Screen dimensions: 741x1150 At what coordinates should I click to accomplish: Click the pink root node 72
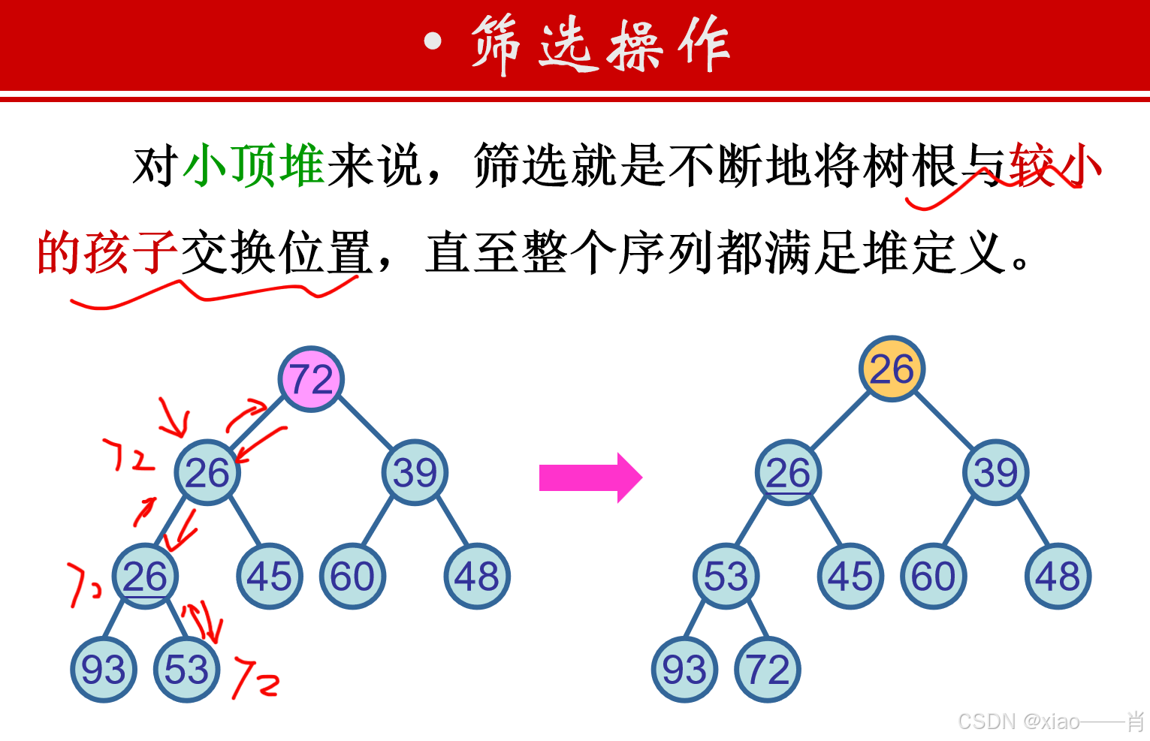(311, 379)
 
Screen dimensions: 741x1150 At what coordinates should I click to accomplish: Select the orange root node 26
(892, 369)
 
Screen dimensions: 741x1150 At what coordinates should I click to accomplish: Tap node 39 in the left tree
(415, 472)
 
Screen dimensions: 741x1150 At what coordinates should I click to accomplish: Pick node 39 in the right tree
(995, 472)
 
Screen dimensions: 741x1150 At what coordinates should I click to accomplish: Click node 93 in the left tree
(104, 669)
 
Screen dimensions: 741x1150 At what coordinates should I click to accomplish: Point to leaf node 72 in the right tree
(768, 669)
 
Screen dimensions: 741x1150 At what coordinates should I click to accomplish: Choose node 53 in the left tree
(186, 669)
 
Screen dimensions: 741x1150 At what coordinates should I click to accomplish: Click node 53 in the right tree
(726, 576)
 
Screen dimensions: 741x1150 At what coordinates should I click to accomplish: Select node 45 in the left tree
(270, 576)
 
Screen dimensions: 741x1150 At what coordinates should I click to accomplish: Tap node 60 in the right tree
(933, 576)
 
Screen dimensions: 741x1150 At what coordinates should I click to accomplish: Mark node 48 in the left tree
(477, 576)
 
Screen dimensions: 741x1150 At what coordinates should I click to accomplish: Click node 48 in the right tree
(1058, 576)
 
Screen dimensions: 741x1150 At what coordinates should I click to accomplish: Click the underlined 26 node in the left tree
(145, 576)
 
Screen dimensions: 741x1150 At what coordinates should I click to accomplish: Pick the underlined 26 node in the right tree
(788, 472)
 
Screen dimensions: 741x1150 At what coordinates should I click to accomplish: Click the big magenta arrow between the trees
(590, 477)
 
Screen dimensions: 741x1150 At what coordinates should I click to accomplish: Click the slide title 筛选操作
(601, 45)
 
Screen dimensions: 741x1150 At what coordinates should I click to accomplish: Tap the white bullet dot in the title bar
(433, 41)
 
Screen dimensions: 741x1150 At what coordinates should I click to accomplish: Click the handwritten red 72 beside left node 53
(255, 677)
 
